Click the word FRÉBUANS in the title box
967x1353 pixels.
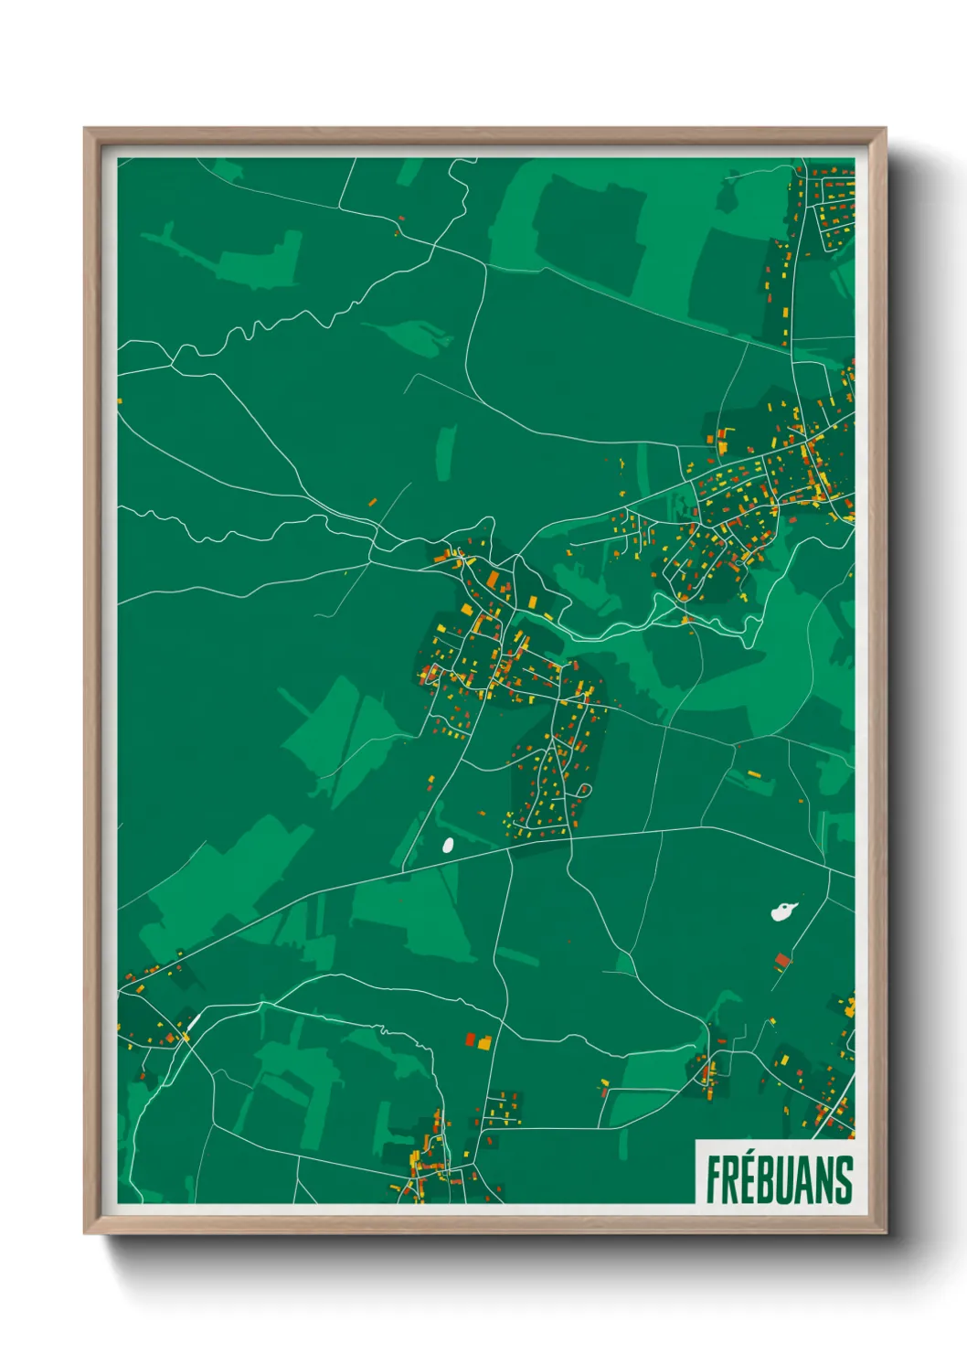[779, 1179]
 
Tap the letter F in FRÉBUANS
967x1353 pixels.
[713, 1180]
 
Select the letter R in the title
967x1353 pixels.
[731, 1180]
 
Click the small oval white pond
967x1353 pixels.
[448, 846]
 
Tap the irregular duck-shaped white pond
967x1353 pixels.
[782, 911]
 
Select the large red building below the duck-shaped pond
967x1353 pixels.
[781, 960]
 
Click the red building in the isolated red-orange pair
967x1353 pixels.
[471, 1039]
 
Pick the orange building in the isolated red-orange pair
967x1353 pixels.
[484, 1041]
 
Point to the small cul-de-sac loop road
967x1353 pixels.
[584, 789]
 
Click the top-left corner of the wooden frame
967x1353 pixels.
[85, 129]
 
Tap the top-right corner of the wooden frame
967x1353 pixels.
[885, 129]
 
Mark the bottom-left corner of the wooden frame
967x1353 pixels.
[85, 1233]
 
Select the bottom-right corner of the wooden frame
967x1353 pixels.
[885, 1233]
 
